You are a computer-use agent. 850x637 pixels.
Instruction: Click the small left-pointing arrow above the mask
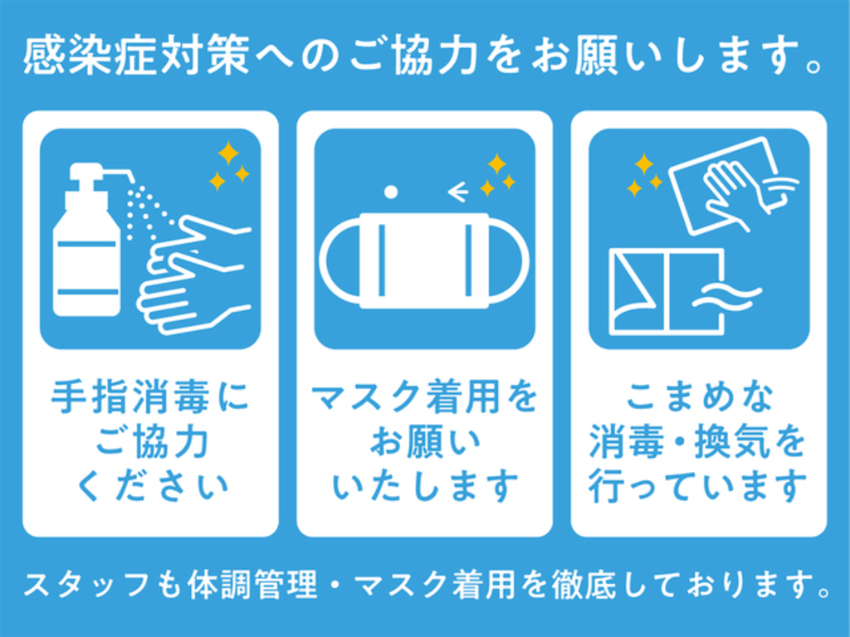(458, 192)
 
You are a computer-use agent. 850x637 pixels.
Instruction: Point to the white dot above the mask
(391, 192)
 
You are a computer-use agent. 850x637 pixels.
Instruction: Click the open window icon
(667, 291)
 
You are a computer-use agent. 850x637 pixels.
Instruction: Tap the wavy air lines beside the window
(727, 297)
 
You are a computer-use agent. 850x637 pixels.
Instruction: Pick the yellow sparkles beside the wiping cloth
(644, 174)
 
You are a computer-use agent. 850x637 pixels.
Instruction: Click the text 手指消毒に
(150, 397)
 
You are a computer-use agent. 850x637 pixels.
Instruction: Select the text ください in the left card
(153, 486)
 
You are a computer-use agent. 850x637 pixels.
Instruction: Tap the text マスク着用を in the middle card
(424, 397)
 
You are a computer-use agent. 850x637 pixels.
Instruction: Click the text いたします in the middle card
(424, 486)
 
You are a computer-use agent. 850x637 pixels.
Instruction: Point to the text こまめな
(699, 397)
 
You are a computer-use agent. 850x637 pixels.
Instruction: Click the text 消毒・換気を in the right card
(698, 441)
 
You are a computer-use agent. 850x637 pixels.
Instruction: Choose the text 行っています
(698, 486)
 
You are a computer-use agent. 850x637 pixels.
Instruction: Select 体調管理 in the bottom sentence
(252, 586)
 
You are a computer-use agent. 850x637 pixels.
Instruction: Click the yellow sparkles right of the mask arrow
(498, 174)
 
